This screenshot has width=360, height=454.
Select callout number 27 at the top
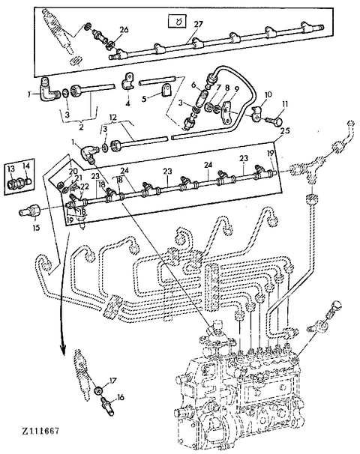[198, 25]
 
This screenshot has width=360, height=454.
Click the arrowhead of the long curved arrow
[63, 353]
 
